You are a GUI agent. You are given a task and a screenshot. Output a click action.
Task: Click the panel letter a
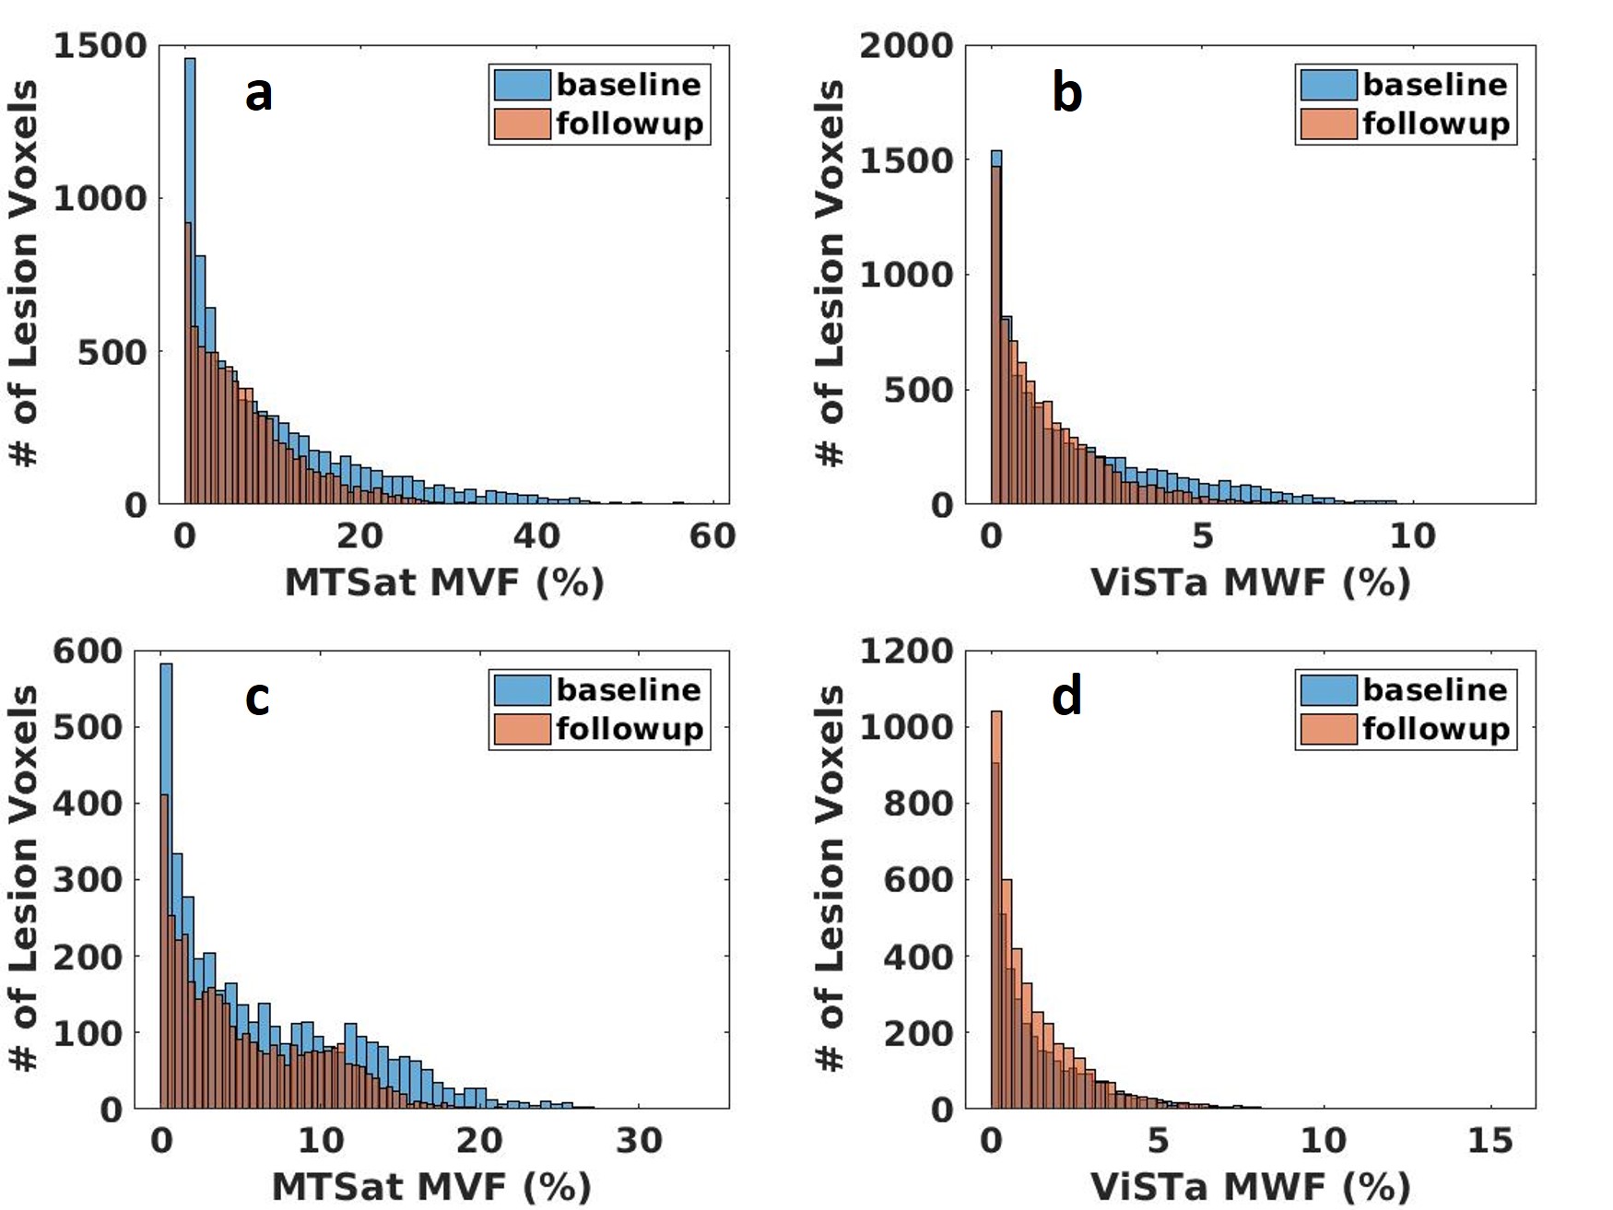[x=259, y=94]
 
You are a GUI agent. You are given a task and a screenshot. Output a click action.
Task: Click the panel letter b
[x=1066, y=92]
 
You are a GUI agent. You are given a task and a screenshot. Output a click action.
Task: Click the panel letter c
[x=257, y=699]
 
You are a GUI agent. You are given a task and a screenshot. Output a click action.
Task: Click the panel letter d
[x=1066, y=697]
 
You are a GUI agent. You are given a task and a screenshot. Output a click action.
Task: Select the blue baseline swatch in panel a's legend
[x=522, y=85]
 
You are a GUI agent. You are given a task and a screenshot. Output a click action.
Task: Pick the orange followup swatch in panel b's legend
[x=1328, y=123]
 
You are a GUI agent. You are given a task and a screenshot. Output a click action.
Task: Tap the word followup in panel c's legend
[x=630, y=729]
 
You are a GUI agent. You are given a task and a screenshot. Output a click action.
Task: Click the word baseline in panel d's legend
[x=1435, y=689]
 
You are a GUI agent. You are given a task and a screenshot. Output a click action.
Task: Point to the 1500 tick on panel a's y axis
[x=100, y=45]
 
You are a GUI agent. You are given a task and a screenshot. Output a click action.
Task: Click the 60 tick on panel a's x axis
[x=712, y=535]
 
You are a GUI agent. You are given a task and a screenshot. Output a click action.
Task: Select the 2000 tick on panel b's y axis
[x=906, y=45]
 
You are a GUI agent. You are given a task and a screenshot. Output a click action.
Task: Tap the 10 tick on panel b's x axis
[x=1412, y=535]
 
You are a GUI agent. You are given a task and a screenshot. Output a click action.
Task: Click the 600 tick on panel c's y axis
[x=88, y=651]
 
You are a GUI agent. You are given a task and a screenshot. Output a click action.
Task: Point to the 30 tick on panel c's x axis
[x=639, y=1141]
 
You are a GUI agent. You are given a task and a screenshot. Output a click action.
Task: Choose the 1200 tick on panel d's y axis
[x=906, y=651]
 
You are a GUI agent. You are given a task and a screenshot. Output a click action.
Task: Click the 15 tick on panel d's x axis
[x=1489, y=1141]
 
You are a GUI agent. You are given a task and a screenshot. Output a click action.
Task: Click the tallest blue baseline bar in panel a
[x=190, y=138]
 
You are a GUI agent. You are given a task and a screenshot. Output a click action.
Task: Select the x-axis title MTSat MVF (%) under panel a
[x=443, y=582]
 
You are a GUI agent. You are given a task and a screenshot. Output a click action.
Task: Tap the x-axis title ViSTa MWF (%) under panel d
[x=1250, y=1187]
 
